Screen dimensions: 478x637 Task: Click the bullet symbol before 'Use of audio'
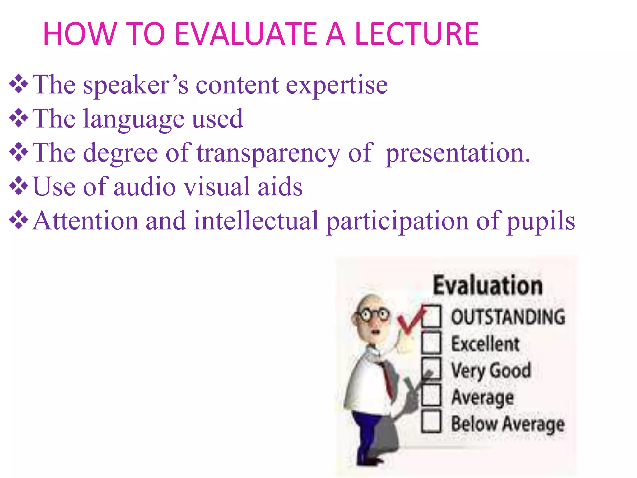[19, 186]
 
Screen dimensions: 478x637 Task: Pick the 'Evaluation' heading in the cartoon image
[487, 285]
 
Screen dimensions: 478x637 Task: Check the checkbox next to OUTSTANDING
[431, 316]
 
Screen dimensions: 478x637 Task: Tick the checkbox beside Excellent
[431, 343]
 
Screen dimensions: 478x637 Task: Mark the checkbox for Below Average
[431, 422]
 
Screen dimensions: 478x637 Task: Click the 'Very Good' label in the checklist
[491, 370]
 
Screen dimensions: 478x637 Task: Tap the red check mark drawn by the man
[410, 321]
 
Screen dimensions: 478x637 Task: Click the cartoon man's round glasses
[373, 314]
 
